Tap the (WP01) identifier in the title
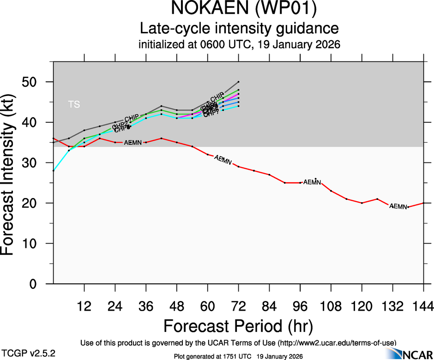pyautogui.click(x=278, y=9)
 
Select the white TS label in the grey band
pyautogui.click(x=74, y=104)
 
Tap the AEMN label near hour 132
pyautogui.click(x=398, y=206)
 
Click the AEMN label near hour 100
pyautogui.click(x=312, y=182)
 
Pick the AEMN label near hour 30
pyautogui.click(x=133, y=142)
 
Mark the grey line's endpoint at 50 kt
pyautogui.click(x=238, y=82)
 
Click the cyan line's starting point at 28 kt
pyautogui.click(x=54, y=171)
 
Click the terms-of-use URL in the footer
pyautogui.click(x=337, y=342)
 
